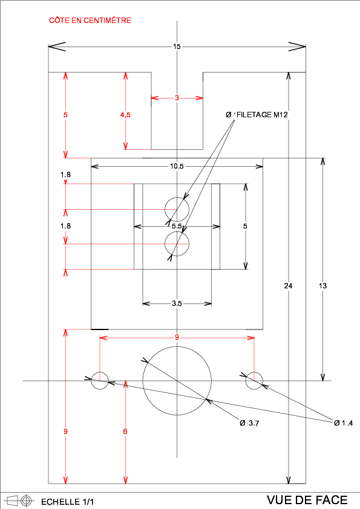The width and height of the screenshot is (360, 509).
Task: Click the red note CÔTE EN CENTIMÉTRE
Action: pos(90,20)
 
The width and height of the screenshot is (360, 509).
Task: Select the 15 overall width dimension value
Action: pos(177,47)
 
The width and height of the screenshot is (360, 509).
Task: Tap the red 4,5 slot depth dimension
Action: pos(125,115)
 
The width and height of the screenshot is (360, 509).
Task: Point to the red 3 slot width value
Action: pos(177,98)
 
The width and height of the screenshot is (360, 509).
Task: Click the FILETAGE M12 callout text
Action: pos(262,115)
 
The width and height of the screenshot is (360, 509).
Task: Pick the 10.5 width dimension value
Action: pos(177,166)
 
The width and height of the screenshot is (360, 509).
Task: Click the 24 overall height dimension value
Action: pos(288,286)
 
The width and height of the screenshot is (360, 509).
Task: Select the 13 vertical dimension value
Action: pos(322,286)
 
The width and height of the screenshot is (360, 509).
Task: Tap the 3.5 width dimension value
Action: pos(177,303)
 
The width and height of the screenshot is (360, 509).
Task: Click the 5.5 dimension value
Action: pos(177,226)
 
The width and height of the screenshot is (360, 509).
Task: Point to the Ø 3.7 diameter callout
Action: pos(249,423)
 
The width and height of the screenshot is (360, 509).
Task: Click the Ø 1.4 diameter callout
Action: pos(344,423)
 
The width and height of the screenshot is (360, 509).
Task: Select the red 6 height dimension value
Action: pos(125,432)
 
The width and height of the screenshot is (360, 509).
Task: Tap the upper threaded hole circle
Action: pos(177,197)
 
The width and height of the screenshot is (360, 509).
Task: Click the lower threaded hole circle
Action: pos(177,232)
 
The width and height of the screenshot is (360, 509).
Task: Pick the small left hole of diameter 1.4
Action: pos(100,372)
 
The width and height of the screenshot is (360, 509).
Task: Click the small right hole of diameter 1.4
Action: pos(254,372)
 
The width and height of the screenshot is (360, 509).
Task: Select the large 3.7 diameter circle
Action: pos(177,347)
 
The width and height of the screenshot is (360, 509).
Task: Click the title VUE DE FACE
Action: pos(307,500)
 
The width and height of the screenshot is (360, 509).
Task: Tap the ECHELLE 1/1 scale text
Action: pos(68,502)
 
